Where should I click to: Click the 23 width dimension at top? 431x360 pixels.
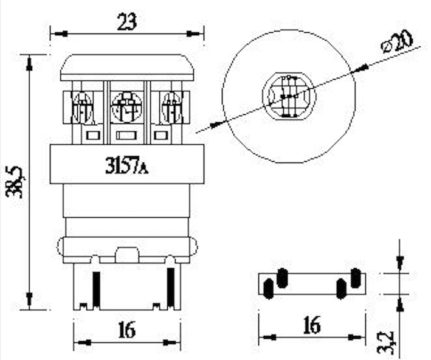coord(126,21)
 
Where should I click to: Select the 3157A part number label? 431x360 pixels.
coord(126,165)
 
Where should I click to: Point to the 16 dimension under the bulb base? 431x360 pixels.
coord(127,330)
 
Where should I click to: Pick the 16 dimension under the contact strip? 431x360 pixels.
coord(312,325)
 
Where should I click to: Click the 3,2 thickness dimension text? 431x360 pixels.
coord(385,342)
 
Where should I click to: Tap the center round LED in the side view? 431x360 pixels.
coord(126,107)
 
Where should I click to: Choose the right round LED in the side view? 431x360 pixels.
coord(172,107)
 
